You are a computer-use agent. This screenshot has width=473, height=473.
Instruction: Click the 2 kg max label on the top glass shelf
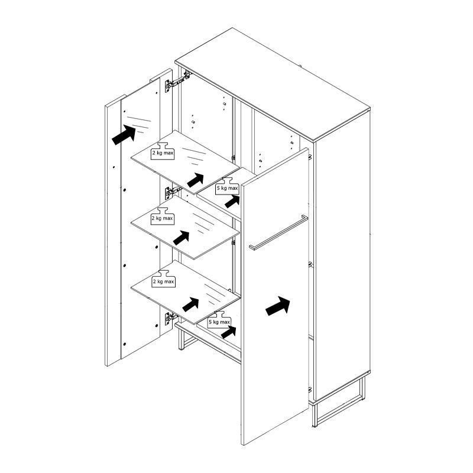pyautogui.click(x=163, y=153)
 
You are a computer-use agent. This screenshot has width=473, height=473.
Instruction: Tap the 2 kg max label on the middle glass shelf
pyautogui.click(x=162, y=218)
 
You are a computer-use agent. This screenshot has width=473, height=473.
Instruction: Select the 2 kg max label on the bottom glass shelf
pyautogui.click(x=163, y=281)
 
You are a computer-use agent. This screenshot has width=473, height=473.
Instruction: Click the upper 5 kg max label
pyautogui.click(x=227, y=188)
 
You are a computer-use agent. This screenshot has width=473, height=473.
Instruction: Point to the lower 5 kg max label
pyautogui.click(x=219, y=322)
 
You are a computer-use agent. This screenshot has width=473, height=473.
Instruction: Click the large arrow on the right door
pyautogui.click(x=277, y=306)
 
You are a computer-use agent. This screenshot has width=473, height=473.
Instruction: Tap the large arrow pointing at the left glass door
pyautogui.click(x=124, y=135)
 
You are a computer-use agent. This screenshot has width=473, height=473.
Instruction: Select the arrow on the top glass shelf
pyautogui.click(x=195, y=180)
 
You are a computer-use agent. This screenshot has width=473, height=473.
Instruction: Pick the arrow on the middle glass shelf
pyautogui.click(x=181, y=238)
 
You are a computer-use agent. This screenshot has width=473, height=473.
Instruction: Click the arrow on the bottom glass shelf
pyautogui.click(x=190, y=304)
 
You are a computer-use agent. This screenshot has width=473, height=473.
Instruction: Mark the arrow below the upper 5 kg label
pyautogui.click(x=232, y=202)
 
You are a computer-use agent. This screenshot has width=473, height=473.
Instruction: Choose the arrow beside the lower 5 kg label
pyautogui.click(x=229, y=332)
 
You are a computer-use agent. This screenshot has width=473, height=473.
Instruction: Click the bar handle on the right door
pyautogui.click(x=278, y=232)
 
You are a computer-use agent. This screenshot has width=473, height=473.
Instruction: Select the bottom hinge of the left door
pyautogui.click(x=171, y=318)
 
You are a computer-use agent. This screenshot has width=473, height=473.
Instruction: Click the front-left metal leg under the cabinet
pyautogui.click(x=182, y=339)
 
